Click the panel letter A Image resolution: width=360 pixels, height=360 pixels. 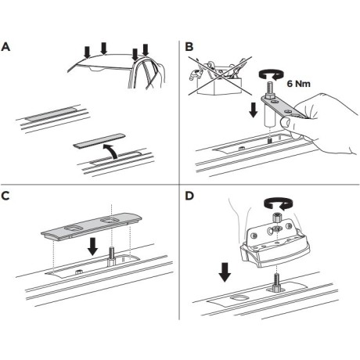click(x=5, y=47)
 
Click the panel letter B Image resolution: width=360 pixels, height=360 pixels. click(x=189, y=47)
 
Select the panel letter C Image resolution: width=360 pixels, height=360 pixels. click(x=5, y=196)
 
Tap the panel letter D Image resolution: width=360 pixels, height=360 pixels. click(x=189, y=196)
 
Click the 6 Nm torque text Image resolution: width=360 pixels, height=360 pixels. click(x=299, y=84)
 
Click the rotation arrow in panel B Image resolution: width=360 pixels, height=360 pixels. click(x=271, y=74)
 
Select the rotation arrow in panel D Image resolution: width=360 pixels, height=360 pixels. click(x=277, y=203)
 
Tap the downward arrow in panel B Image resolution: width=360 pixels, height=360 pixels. click(x=253, y=110)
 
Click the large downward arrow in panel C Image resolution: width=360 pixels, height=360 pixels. click(x=92, y=246)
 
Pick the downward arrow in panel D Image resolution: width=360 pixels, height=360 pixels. click(x=225, y=272)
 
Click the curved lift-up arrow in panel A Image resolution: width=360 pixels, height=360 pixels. click(x=110, y=151)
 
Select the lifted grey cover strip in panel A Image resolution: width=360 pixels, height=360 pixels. click(x=99, y=141)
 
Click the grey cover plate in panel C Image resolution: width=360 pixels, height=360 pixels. click(x=92, y=226)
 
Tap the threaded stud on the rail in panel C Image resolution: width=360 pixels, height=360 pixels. click(x=111, y=256)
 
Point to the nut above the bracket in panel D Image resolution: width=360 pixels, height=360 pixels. click(x=277, y=217)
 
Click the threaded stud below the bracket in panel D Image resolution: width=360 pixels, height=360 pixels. click(x=276, y=283)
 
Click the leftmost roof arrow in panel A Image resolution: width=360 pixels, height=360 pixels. click(x=87, y=52)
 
